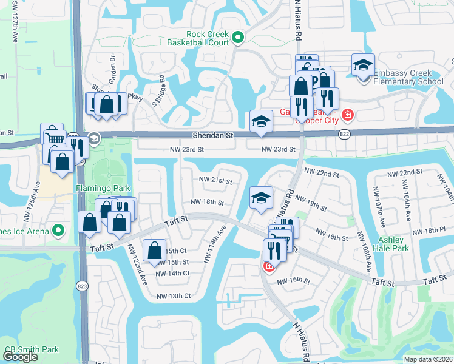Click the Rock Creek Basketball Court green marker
238,38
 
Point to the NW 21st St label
215,180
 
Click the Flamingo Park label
100,188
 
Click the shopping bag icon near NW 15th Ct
155,250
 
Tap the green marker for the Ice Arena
58,230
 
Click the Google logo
20,357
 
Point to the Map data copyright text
429,359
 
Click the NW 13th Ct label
174,296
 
